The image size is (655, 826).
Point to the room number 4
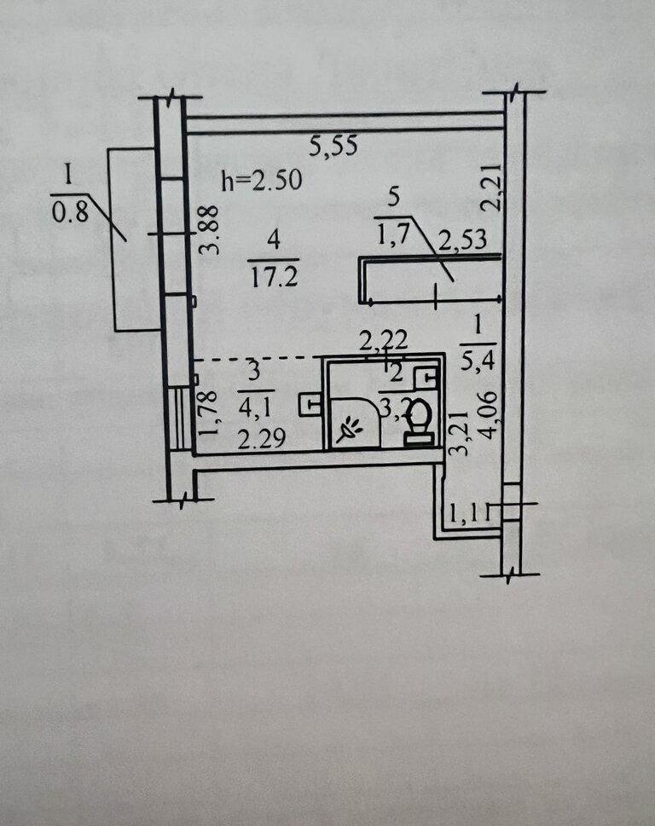coord(273,241)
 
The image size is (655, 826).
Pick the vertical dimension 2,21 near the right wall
coord(488,188)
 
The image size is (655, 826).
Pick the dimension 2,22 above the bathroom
coord(383,341)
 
